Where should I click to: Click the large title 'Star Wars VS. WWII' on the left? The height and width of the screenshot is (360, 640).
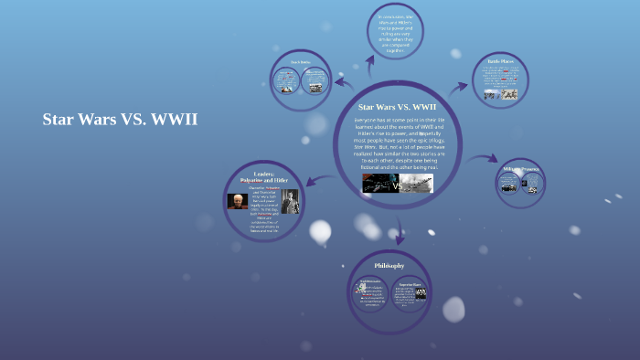click(x=120, y=120)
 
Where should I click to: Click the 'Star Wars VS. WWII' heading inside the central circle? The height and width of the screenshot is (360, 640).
click(x=397, y=107)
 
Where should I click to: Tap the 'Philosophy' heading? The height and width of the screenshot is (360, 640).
click(x=389, y=265)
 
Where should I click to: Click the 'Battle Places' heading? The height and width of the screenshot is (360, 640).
click(x=500, y=62)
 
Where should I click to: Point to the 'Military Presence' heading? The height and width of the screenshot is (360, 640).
click(x=521, y=168)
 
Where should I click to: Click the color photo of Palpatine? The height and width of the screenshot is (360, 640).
click(x=239, y=201)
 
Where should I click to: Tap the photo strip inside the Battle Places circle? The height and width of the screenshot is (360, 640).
click(x=500, y=92)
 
